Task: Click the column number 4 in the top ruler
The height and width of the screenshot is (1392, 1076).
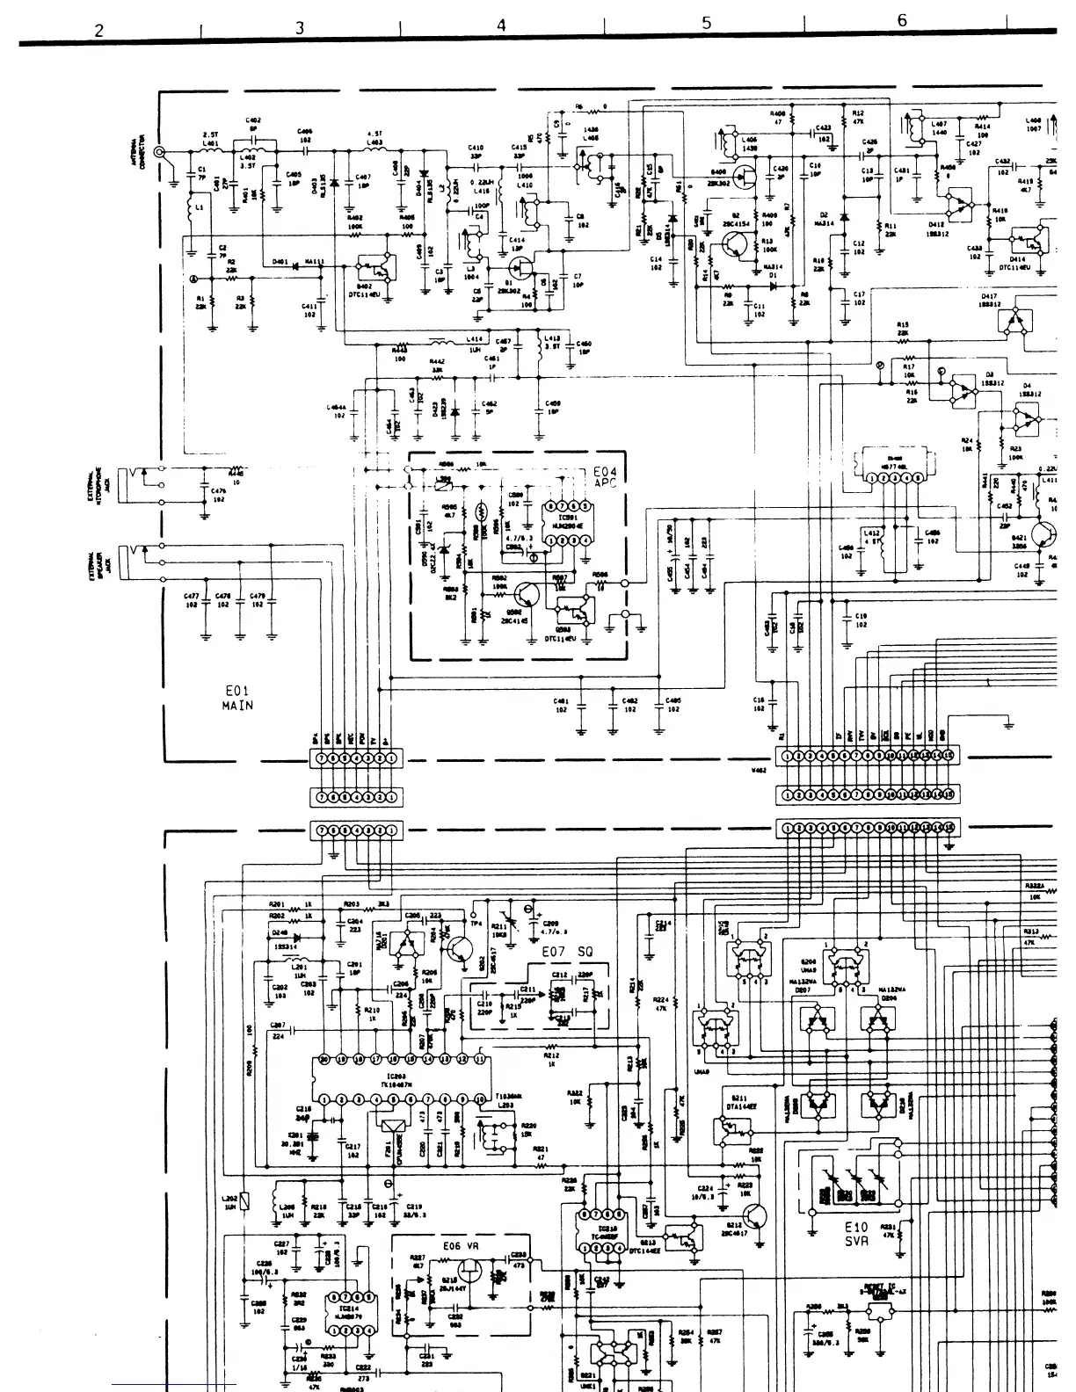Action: tap(501, 25)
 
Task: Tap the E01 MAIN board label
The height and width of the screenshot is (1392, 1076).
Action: tap(237, 698)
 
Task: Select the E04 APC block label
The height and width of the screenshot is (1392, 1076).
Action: tap(606, 477)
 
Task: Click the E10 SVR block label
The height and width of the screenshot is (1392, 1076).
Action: tap(855, 1234)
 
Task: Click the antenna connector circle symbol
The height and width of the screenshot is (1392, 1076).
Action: tap(160, 152)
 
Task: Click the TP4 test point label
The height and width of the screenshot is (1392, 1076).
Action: tap(476, 923)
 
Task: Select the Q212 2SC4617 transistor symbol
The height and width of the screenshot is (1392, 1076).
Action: tap(753, 1217)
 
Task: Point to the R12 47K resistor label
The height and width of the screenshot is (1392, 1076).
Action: tap(858, 118)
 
